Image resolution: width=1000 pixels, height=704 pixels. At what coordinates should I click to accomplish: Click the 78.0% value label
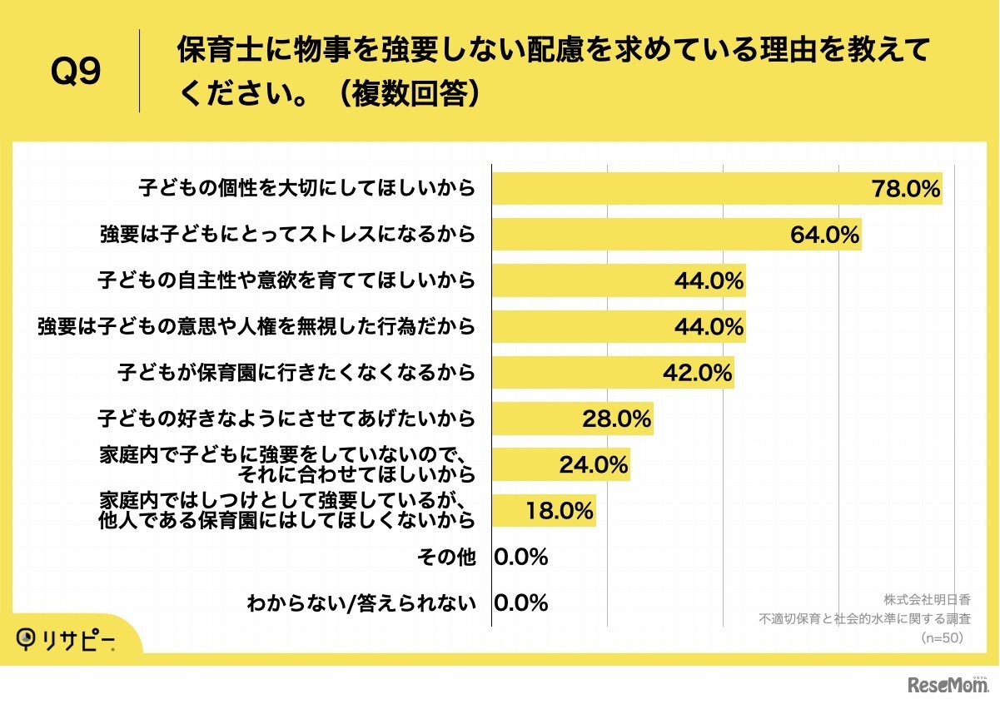(905, 189)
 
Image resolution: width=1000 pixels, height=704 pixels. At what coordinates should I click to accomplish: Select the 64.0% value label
(824, 235)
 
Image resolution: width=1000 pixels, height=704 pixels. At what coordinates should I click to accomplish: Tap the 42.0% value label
(697, 373)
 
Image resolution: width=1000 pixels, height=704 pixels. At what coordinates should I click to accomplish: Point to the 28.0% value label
(616, 419)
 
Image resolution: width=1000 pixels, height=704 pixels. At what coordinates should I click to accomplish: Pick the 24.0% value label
(593, 465)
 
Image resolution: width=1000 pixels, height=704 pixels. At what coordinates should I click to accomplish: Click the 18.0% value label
(559, 511)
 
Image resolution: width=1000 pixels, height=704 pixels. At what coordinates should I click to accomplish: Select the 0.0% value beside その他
(521, 557)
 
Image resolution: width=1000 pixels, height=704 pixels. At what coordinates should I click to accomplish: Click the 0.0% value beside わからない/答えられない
(521, 602)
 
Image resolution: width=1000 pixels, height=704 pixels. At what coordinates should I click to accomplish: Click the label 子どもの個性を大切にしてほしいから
(306, 189)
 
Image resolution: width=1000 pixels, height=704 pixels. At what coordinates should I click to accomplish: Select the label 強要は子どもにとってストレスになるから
(287, 235)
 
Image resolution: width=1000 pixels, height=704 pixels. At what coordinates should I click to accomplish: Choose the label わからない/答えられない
(361, 603)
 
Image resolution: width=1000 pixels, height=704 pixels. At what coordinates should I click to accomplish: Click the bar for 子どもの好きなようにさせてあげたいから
(572, 419)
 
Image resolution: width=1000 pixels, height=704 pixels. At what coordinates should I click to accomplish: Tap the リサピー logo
(67, 639)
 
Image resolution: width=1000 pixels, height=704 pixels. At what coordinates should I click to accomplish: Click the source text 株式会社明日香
(927, 599)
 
